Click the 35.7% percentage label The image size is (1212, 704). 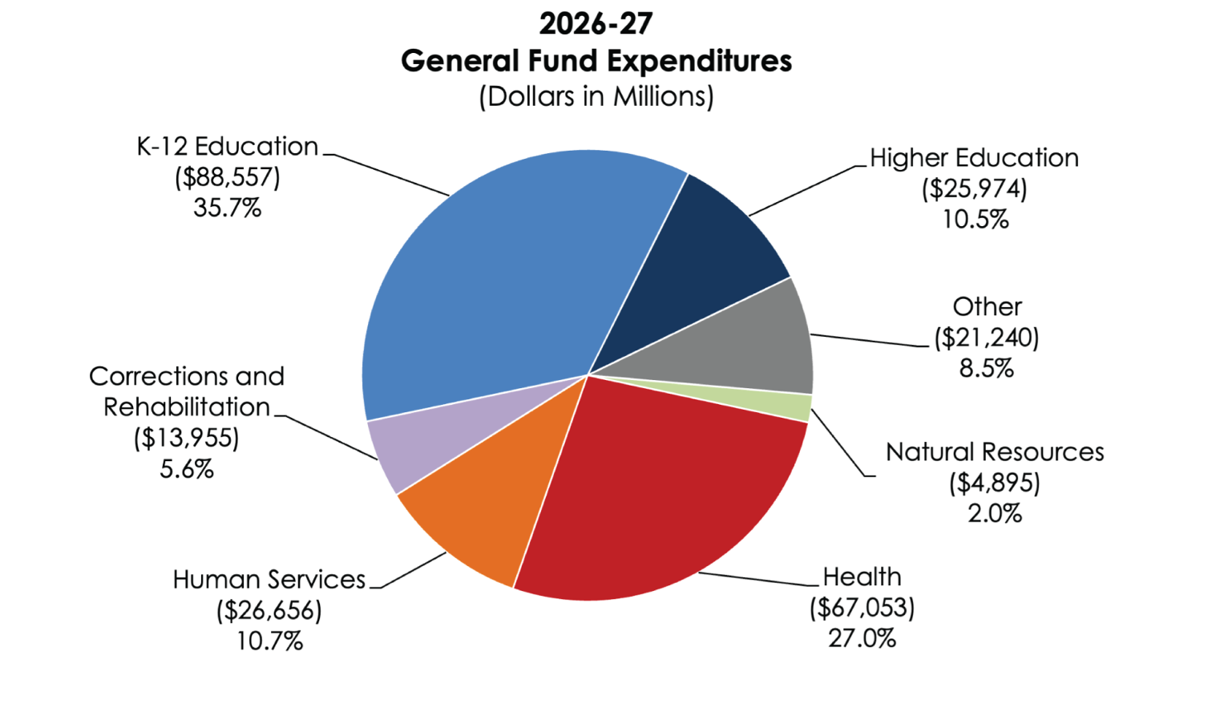pyautogui.click(x=227, y=208)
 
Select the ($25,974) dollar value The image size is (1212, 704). pyautogui.click(x=974, y=188)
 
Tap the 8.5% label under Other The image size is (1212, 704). pyautogui.click(x=986, y=368)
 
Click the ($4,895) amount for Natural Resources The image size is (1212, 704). pyautogui.click(x=994, y=483)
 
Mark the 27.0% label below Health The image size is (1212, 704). pyautogui.click(x=862, y=638)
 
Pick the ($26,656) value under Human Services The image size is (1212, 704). pyautogui.click(x=269, y=610)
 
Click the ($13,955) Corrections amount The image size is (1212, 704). pyautogui.click(x=186, y=438)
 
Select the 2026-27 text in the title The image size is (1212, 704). pyautogui.click(x=596, y=23)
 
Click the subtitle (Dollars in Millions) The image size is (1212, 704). pyautogui.click(x=596, y=96)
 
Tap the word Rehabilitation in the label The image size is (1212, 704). pyautogui.click(x=186, y=407)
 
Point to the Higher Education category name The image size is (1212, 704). pyautogui.click(x=974, y=157)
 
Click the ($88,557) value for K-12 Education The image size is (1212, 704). pyautogui.click(x=227, y=177)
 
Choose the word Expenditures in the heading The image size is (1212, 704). pyautogui.click(x=698, y=60)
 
